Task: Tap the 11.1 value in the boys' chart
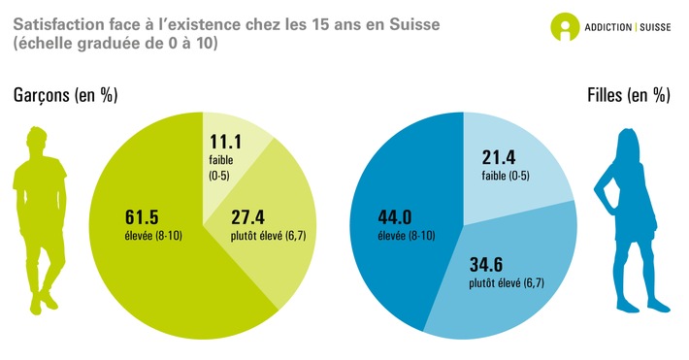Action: tap(225, 141)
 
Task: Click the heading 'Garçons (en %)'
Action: tap(66, 95)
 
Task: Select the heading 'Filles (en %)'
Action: tap(628, 95)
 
